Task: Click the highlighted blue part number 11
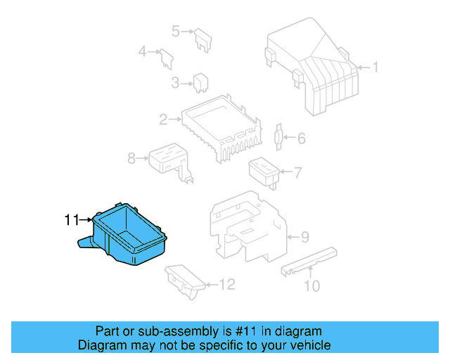point(127,236)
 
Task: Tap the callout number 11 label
point(72,220)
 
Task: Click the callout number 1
point(375,67)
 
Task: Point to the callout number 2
point(163,120)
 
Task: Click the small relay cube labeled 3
point(200,82)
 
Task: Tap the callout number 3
point(176,84)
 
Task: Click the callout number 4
point(142,51)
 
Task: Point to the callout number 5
point(176,30)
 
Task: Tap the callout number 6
point(302,139)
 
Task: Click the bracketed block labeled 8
point(167,160)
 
